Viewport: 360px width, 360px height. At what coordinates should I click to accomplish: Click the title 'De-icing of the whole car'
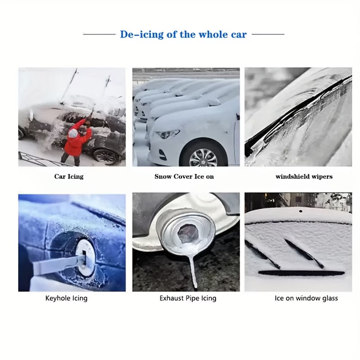click(183, 35)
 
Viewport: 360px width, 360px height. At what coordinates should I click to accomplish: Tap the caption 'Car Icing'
click(69, 176)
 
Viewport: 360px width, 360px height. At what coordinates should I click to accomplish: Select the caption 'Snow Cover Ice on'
click(184, 176)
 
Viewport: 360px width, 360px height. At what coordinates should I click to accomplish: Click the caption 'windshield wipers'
click(304, 176)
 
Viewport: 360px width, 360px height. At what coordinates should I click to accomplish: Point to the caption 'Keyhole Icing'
click(66, 298)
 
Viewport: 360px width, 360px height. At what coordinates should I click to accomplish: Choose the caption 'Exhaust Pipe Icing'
click(188, 298)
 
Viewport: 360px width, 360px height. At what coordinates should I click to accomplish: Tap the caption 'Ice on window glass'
click(306, 298)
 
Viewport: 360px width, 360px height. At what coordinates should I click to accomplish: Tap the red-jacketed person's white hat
click(73, 133)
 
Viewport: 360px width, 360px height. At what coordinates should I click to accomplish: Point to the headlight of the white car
click(167, 134)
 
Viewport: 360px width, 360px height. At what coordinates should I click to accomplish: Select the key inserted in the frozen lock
click(60, 265)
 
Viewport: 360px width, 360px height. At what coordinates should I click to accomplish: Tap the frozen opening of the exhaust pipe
click(187, 234)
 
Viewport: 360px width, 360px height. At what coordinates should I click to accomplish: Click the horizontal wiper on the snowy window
click(301, 273)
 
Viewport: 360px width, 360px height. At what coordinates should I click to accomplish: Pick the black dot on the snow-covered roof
click(301, 211)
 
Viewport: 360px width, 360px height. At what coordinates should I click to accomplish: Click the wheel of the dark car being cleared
click(106, 157)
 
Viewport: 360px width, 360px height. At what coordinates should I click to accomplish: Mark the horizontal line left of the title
click(99, 35)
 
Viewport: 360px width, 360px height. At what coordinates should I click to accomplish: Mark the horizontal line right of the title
click(268, 35)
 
